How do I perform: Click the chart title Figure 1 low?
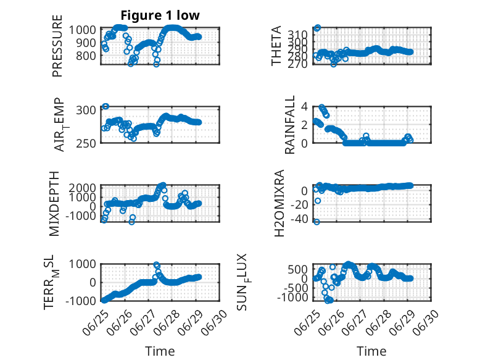pos(160,15)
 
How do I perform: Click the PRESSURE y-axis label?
pos(57,46)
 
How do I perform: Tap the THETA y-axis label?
pos(276,46)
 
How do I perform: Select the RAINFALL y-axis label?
pos(289,125)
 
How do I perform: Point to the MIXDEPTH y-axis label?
pos(54,204)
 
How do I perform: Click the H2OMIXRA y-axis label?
pos(279,203)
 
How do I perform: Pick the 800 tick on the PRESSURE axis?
pos(86,56)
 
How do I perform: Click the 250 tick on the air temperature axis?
pos(86,143)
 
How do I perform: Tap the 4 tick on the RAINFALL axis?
pos(304,107)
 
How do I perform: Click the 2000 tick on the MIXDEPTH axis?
pos(82,188)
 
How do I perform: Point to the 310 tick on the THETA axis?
pos(298,35)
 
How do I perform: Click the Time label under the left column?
pos(160,351)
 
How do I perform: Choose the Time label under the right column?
pos(371,351)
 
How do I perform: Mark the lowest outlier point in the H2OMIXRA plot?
pos(317,222)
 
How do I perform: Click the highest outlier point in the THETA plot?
pos(318,28)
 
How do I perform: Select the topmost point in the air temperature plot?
pos(106,106)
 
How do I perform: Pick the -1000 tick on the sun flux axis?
pos(292,298)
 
